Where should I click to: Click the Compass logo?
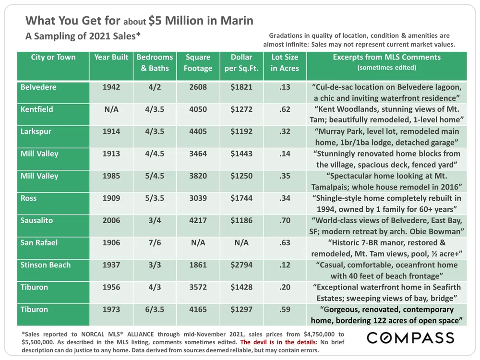410,338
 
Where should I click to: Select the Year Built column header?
111,57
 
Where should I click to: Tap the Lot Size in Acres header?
285,62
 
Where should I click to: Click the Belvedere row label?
38,87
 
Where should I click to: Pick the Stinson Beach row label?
46,265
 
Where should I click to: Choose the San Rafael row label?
39,243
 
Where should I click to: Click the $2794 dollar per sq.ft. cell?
241,265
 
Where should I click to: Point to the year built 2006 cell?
111,221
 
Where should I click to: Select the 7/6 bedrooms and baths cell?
155,243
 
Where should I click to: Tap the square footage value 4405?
198,132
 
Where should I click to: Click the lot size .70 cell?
285,221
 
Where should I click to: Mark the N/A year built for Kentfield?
111,109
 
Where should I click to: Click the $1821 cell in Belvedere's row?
241,87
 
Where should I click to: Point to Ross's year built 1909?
111,198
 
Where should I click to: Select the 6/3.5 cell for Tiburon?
155,310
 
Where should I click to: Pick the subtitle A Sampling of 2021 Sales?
83,36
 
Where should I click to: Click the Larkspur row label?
36,132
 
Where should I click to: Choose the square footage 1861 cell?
198,265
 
